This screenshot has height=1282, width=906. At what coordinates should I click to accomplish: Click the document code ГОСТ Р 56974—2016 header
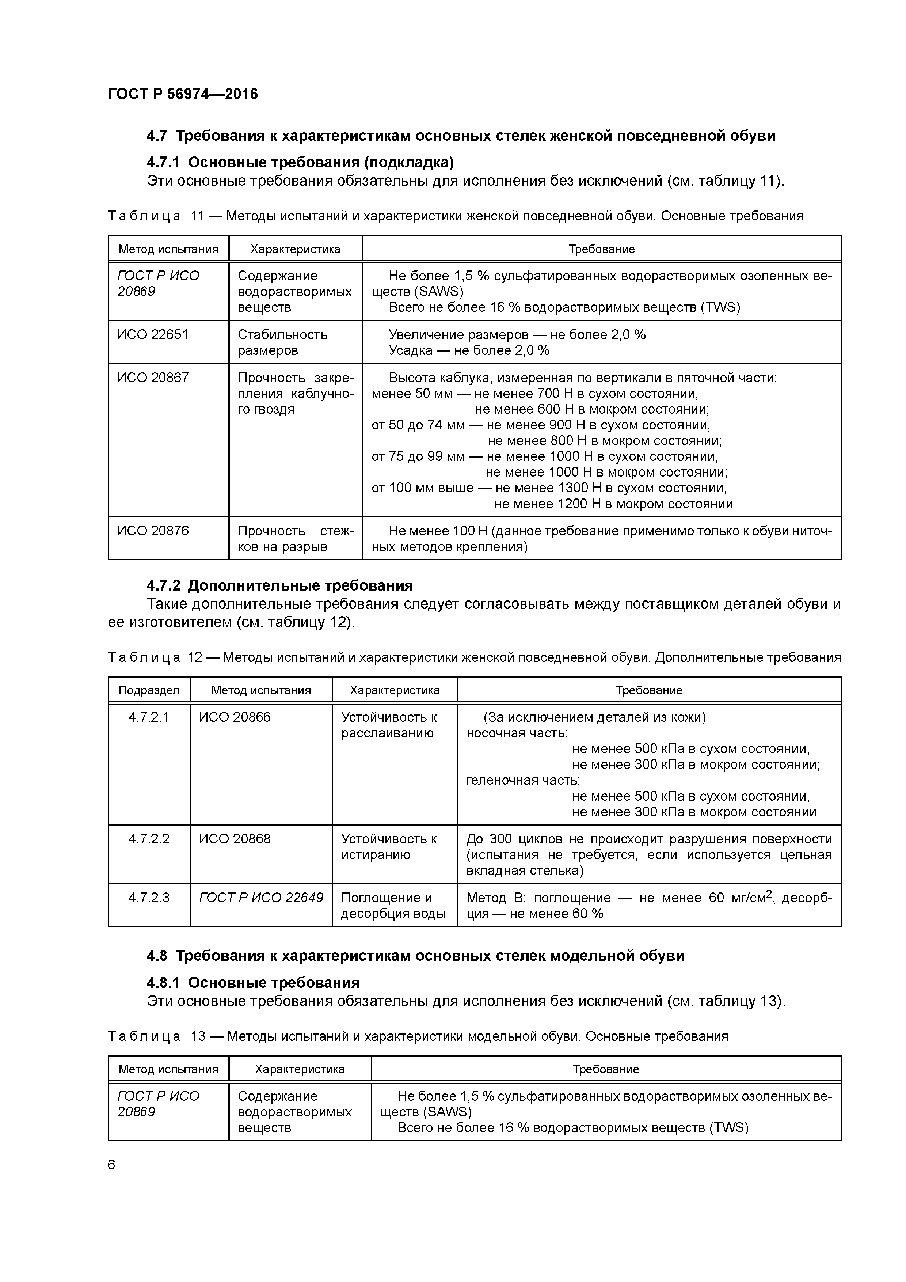[183, 94]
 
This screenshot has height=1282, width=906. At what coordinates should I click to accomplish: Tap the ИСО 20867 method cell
[153, 378]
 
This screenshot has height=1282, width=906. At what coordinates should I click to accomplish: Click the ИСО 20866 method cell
[235, 717]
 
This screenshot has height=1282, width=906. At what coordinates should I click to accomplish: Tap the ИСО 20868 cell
[235, 839]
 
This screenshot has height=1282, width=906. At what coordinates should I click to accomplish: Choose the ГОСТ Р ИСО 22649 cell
[261, 898]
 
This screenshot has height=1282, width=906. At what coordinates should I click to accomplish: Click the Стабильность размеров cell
[282, 342]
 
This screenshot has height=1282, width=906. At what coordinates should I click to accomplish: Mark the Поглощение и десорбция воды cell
[393, 906]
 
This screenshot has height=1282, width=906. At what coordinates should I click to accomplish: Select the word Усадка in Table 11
[410, 351]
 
